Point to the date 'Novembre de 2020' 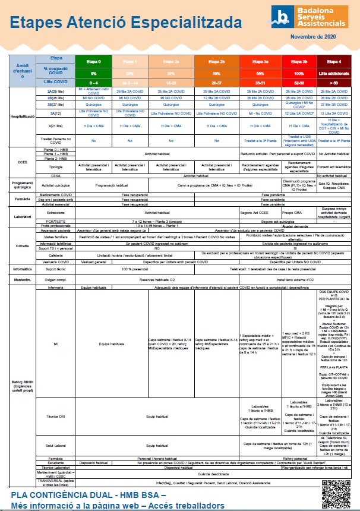click(x=314, y=37)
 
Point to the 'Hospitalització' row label click(x=23, y=117)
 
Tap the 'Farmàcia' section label click(x=23, y=198)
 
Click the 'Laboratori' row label click(x=23, y=217)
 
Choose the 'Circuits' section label click(x=23, y=245)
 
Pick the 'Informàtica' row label click(x=23, y=269)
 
